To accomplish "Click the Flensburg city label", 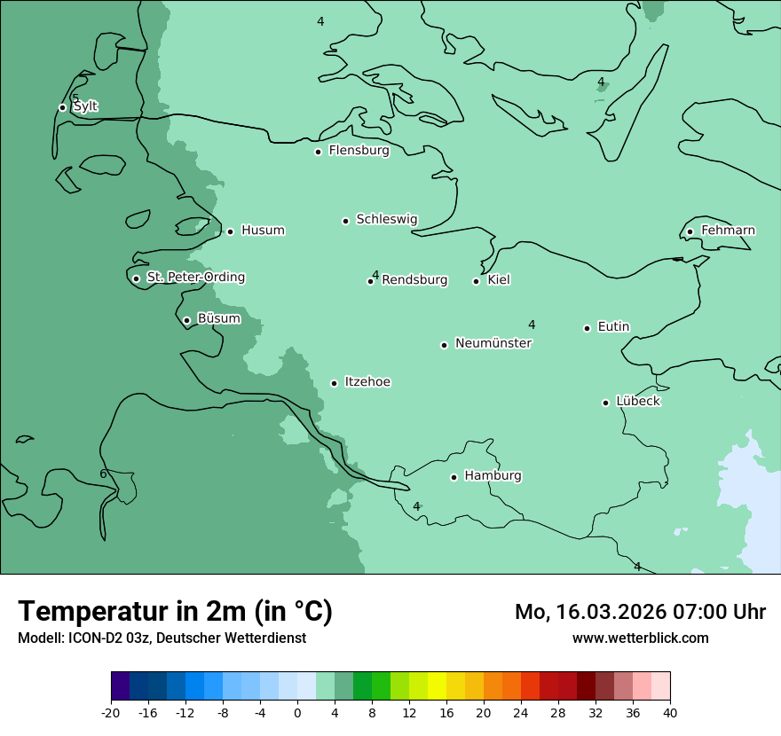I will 359,151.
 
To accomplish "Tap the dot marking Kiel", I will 476,281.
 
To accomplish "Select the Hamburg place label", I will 493,476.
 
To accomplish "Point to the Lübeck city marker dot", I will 605,403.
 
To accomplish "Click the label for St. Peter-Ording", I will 195,278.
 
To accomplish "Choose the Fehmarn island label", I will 728,231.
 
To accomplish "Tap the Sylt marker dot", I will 62,107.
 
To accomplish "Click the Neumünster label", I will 493,343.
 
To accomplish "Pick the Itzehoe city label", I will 367,382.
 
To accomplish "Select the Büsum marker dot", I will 186,320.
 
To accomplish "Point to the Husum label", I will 263,231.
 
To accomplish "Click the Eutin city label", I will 613,327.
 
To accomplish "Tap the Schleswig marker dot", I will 346,221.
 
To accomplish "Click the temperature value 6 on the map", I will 103,474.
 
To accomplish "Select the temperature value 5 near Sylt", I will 75,98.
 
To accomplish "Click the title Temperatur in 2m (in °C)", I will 175,611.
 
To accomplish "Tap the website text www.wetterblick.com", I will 640,638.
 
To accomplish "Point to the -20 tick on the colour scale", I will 111,712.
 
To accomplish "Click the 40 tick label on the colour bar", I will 670,712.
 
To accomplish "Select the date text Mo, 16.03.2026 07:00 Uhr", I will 640,612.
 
